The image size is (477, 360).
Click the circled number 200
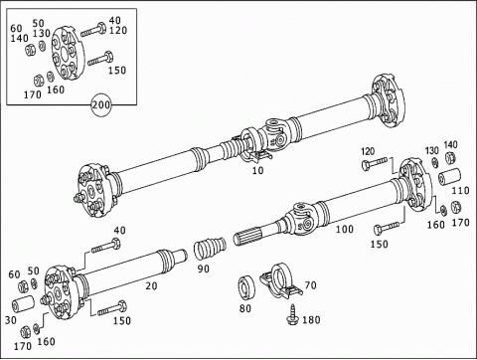[x=100, y=104]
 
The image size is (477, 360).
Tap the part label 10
[x=257, y=170]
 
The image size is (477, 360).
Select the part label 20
[x=151, y=285]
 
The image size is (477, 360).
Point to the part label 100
[x=345, y=229]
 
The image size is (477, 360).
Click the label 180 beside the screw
[x=311, y=320]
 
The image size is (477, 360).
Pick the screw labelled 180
[x=293, y=314]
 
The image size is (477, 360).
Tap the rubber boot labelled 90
[x=210, y=248]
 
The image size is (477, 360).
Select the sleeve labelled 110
[x=449, y=177]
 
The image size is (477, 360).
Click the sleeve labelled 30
[x=23, y=304]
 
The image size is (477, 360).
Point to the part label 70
[x=310, y=285]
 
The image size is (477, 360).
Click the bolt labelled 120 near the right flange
[x=375, y=163]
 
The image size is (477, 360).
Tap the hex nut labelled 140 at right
[x=449, y=157]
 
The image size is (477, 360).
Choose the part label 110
[x=461, y=191]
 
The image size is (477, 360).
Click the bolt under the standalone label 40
[x=106, y=246]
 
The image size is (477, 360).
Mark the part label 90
[x=204, y=269]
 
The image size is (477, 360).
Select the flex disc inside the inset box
[x=69, y=53]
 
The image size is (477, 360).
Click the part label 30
[x=10, y=320]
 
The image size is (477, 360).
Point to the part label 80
[x=245, y=308]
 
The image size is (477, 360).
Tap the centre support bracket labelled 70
[x=281, y=280]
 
